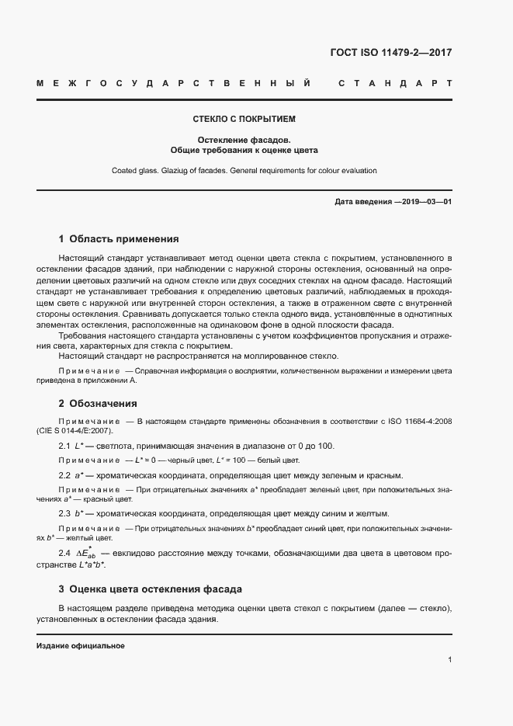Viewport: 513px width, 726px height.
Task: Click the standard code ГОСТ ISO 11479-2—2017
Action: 391,54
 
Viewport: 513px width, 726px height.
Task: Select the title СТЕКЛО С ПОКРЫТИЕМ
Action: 244,120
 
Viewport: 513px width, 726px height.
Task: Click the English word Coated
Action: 126,170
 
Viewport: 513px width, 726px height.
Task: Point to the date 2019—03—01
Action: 423,202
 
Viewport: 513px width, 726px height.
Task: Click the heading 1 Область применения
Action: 119,239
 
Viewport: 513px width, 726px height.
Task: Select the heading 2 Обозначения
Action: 98,403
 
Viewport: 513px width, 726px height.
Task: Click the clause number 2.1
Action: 65,446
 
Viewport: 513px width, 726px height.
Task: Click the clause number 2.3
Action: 65,513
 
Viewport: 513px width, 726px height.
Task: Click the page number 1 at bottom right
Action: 449,659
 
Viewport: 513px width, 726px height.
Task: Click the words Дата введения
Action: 363,202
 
